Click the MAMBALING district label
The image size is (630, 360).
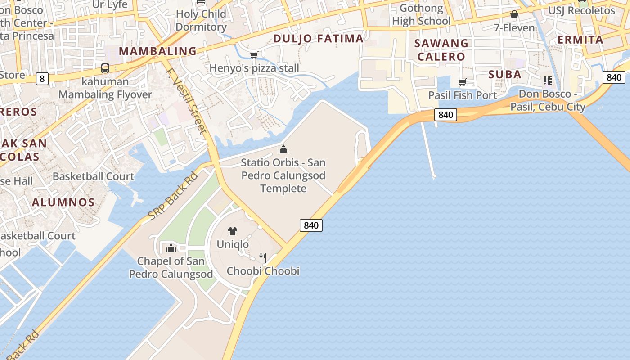click(157, 51)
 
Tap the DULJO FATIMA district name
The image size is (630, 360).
click(318, 39)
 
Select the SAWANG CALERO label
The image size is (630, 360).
click(441, 50)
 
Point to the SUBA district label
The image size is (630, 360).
click(505, 74)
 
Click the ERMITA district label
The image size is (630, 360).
click(580, 40)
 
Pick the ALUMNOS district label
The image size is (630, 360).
click(63, 202)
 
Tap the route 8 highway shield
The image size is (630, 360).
click(42, 79)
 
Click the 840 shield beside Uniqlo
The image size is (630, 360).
click(311, 225)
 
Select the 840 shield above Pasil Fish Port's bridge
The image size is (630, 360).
click(445, 115)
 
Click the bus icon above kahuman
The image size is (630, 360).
click(105, 68)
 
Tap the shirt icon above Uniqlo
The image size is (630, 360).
click(232, 232)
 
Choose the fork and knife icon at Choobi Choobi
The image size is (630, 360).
click(263, 258)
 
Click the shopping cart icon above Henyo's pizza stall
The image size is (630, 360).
click(254, 55)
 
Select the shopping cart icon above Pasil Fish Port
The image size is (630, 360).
click(462, 82)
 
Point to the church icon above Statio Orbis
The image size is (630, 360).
click(283, 149)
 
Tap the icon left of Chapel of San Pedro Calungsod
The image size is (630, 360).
click(171, 248)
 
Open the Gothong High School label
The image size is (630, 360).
click(421, 14)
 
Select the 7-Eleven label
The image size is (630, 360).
click(514, 28)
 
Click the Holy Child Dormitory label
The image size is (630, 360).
click(201, 20)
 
